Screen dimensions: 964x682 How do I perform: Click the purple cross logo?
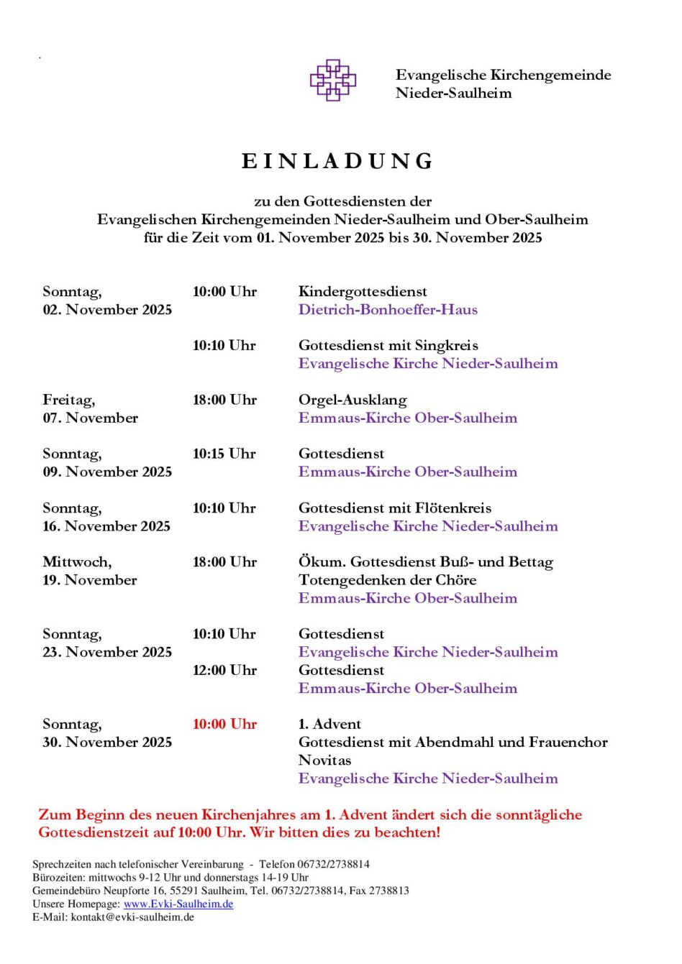332,80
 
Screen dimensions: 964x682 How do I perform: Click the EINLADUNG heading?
338,161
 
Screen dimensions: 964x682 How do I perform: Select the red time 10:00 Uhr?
224,724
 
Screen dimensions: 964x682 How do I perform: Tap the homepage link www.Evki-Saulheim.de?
178,904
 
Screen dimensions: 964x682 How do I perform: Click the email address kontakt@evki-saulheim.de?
132,917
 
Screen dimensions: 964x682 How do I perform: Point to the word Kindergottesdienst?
363,291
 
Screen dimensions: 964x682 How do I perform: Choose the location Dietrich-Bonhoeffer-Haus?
388,309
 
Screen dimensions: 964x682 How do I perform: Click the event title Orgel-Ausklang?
353,400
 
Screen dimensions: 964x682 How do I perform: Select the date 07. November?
90,418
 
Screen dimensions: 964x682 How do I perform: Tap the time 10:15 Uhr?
224,454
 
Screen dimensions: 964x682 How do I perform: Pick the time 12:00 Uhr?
224,670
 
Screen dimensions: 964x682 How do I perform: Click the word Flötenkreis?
456,508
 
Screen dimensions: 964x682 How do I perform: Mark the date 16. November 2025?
106,525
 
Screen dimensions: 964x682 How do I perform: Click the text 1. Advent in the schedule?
329,724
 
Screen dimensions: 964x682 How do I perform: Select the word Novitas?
324,760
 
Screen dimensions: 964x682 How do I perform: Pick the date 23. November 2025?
107,652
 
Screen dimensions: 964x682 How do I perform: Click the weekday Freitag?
68,400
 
